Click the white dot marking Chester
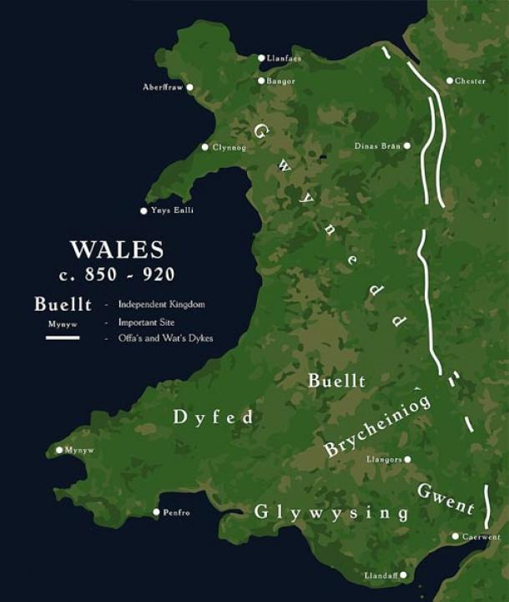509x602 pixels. [x=450, y=81]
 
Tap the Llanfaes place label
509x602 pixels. [x=284, y=58]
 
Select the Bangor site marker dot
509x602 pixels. [x=261, y=81]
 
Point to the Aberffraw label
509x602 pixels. [x=163, y=87]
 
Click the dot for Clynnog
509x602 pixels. [x=205, y=147]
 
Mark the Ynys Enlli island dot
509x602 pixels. [x=144, y=210]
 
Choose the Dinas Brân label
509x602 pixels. [x=377, y=145]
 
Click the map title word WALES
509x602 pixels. [x=117, y=250]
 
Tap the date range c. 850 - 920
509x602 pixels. [x=117, y=274]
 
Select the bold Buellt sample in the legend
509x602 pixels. [x=63, y=304]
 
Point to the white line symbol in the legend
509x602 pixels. [x=63, y=337]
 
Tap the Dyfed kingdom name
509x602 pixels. [x=213, y=417]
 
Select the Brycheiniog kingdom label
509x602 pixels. [x=377, y=426]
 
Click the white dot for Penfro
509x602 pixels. [x=156, y=512]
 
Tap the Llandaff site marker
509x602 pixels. [x=403, y=575]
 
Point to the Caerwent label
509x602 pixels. [x=481, y=536]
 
